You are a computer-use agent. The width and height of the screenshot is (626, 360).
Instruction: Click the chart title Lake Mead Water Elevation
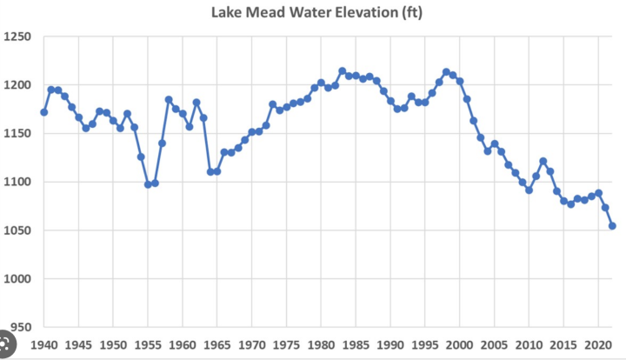pos(317,14)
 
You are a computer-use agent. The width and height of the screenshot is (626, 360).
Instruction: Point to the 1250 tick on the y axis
pos(17,37)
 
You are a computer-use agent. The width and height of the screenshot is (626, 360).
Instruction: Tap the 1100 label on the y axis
pos(17,183)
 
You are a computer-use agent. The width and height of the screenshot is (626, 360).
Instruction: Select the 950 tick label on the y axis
pos(19,328)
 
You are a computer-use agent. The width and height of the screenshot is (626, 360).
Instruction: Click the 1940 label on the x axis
pos(43,344)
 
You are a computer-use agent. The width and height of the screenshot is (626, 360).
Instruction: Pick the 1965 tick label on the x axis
pos(217,344)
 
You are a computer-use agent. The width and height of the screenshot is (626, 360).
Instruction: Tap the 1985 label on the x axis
pos(356,344)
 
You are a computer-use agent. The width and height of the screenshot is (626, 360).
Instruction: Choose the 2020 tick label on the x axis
pos(598,344)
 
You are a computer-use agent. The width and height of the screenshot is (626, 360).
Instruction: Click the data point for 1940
pos(43,112)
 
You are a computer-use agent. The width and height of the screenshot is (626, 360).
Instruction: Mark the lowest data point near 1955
pos(148,184)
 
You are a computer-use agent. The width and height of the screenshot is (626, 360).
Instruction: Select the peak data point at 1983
pos(342,71)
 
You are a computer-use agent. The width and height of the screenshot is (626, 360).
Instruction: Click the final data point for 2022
pos(612,226)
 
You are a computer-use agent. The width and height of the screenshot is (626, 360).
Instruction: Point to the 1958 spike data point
pos(169,100)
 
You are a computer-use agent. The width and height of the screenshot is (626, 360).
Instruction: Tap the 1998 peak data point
pos(446,72)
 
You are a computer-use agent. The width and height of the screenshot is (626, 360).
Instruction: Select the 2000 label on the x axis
pos(460,344)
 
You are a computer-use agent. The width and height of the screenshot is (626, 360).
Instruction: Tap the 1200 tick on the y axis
pos(17,86)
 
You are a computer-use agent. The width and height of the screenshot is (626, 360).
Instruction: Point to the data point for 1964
pos(210,171)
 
